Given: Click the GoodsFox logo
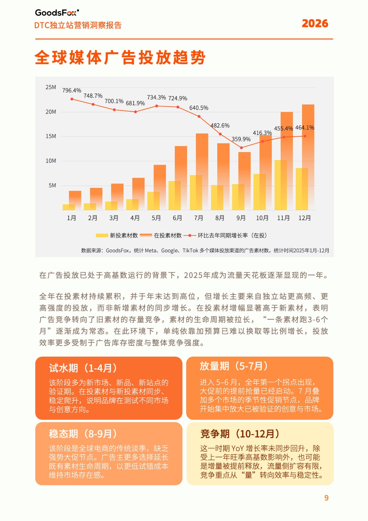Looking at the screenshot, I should [57, 13].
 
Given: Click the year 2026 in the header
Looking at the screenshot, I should [314, 24].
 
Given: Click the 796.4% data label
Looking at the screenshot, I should [71, 90].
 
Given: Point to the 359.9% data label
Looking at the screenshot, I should [241, 139].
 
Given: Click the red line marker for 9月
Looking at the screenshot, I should [241, 148].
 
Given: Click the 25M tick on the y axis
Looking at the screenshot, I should [51, 87].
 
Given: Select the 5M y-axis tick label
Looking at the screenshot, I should [52, 185].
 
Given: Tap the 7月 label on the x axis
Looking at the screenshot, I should [198, 218].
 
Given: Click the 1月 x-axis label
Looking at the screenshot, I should [71, 218].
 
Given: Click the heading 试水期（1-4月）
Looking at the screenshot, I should [83, 368].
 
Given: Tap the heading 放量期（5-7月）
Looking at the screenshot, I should [234, 366].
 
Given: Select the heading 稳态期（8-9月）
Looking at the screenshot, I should [83, 434].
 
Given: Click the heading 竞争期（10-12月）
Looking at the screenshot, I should [240, 434].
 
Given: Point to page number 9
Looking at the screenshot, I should [326, 498].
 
